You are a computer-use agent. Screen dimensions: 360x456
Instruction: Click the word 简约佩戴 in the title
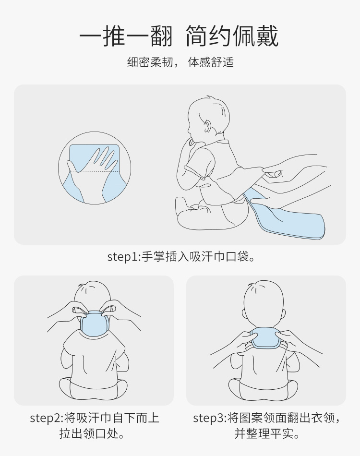click(x=232, y=36)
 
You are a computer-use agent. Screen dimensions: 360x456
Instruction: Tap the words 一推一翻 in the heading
click(x=126, y=36)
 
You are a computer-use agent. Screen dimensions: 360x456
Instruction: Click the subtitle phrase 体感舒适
click(x=211, y=62)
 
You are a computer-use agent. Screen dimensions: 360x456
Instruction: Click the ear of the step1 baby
click(x=207, y=126)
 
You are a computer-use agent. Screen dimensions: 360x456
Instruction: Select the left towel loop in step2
click(x=79, y=310)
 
